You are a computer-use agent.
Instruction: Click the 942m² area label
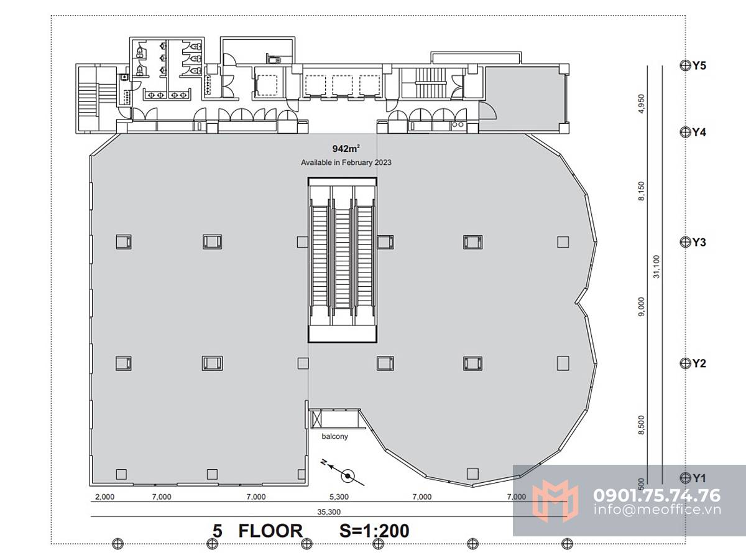point(346,149)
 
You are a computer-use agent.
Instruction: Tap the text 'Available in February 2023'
point(346,162)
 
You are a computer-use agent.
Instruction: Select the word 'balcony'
point(334,436)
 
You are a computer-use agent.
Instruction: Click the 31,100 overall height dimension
point(656,267)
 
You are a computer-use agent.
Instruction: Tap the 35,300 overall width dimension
point(329,511)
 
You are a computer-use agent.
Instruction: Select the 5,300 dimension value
point(339,497)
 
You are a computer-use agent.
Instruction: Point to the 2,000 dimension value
point(104,497)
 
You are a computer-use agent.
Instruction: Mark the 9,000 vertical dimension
point(642,306)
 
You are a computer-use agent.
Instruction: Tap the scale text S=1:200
point(374,531)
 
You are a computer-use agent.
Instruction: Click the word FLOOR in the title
point(270,531)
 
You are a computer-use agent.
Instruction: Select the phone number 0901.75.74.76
point(656,495)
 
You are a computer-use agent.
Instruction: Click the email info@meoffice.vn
point(657,510)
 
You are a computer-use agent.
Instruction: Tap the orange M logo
point(555,500)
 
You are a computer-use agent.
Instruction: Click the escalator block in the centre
point(343,259)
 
